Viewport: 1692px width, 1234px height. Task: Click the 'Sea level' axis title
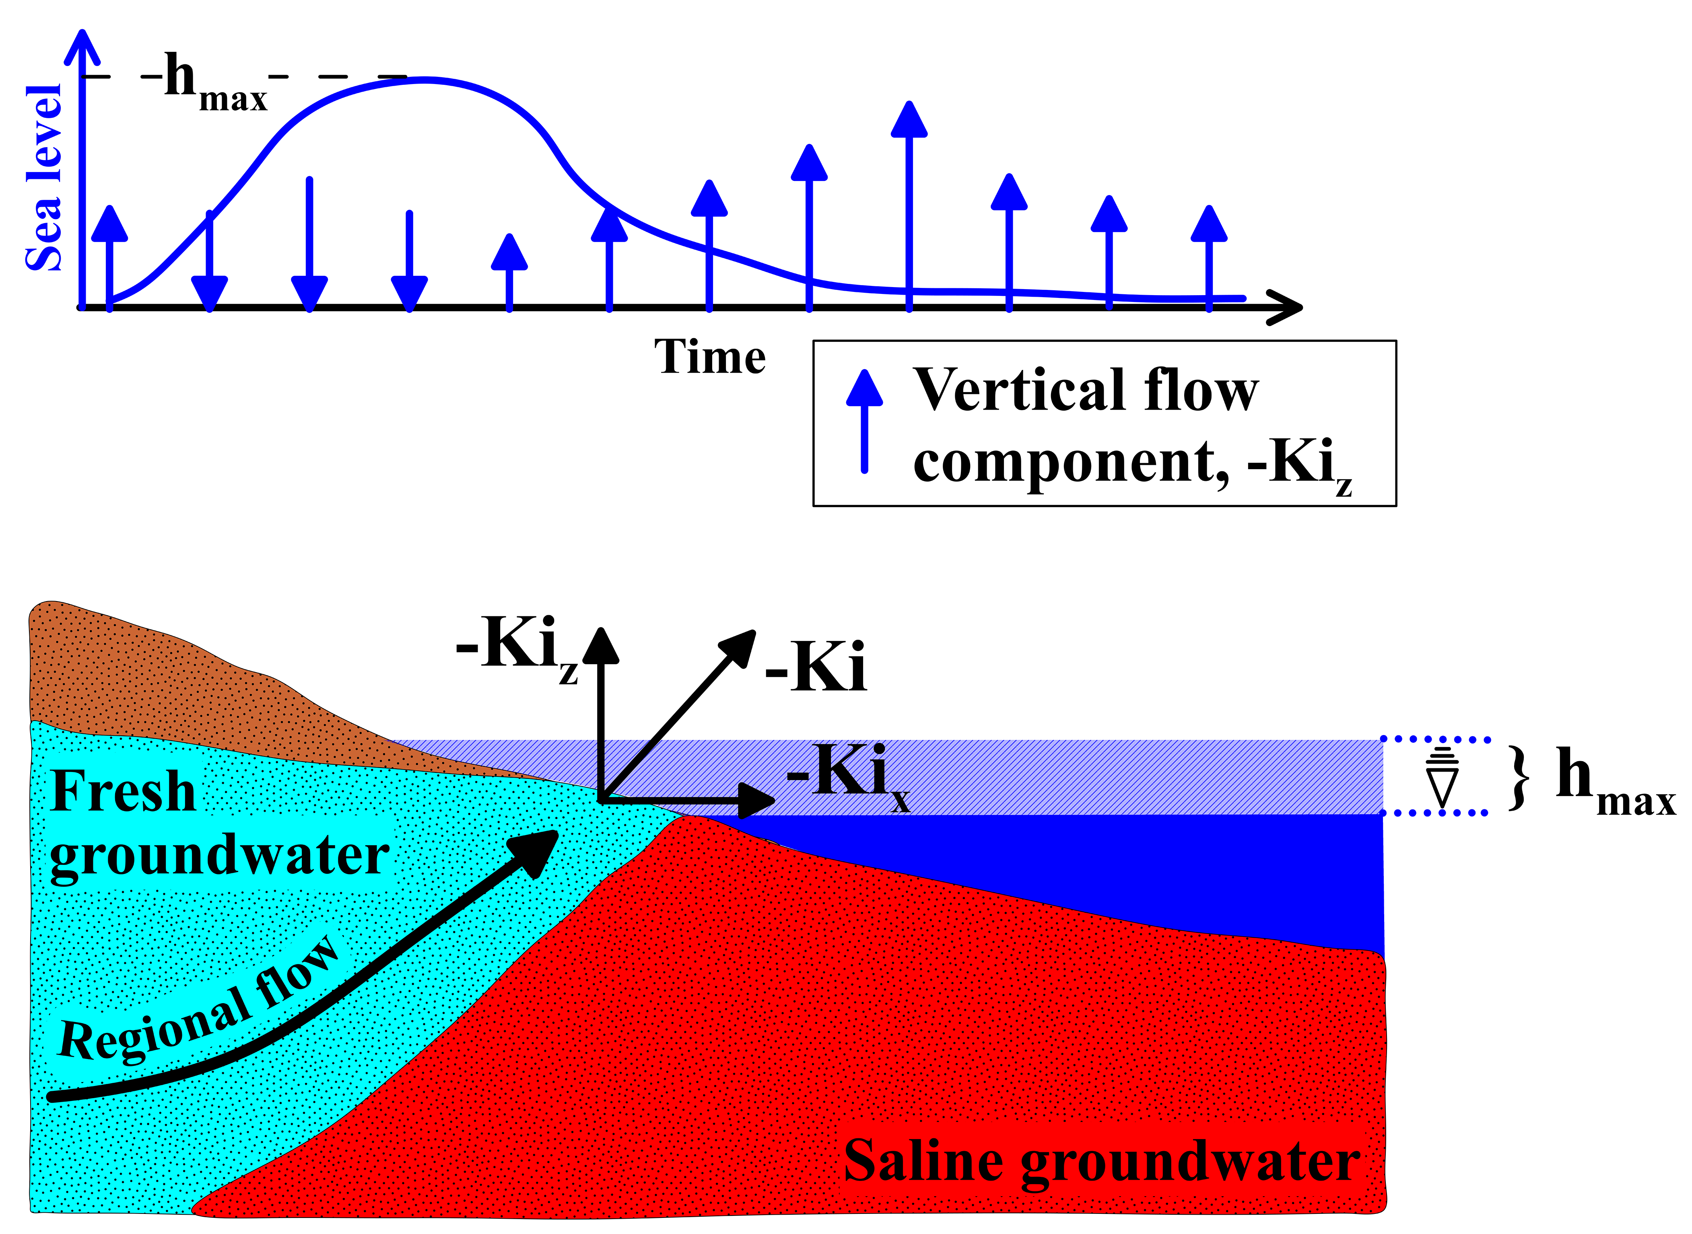[x=43, y=178]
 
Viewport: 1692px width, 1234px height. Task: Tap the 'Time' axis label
[x=709, y=357]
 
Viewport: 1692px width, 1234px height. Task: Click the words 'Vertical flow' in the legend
[x=1085, y=390]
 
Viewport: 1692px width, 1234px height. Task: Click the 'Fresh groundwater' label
[x=217, y=822]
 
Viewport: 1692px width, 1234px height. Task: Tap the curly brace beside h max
[x=1519, y=777]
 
